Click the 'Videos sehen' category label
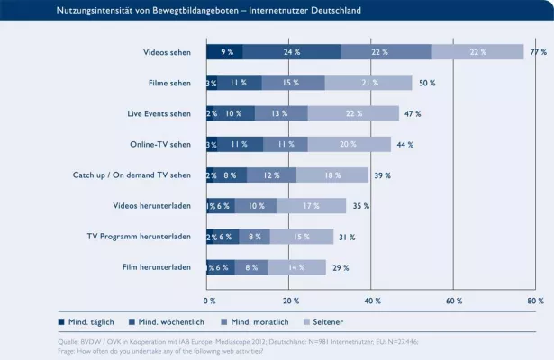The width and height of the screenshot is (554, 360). [x=167, y=53]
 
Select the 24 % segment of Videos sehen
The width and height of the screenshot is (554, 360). [x=292, y=52]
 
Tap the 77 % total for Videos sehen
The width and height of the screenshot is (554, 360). [x=538, y=52]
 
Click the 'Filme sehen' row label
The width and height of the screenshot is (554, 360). [x=169, y=84]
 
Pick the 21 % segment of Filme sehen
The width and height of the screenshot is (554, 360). [x=369, y=83]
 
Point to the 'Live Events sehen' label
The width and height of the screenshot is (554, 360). [x=159, y=114]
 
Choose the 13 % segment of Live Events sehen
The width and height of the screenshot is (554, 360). [x=281, y=114]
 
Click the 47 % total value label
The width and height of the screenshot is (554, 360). [x=413, y=114]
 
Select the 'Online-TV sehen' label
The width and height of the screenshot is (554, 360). [x=162, y=145]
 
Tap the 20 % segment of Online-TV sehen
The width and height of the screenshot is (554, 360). [x=348, y=145]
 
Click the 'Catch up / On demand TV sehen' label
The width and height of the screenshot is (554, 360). [x=132, y=175]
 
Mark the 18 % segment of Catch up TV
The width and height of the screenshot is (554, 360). [x=332, y=175]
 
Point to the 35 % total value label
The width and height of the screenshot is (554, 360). [x=361, y=206]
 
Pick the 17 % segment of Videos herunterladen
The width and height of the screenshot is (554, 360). [x=311, y=206]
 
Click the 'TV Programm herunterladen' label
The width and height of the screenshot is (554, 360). [x=138, y=237]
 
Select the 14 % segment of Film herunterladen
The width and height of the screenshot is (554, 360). [x=297, y=267]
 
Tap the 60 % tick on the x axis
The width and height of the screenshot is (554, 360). [x=454, y=300]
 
